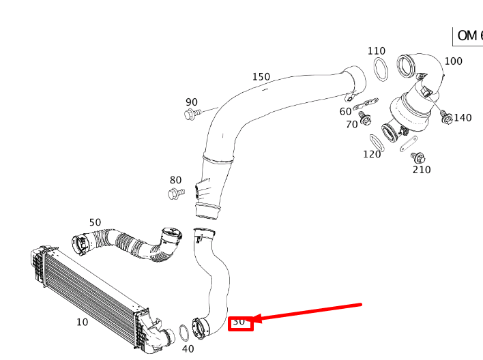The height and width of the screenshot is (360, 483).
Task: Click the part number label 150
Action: point(261,77)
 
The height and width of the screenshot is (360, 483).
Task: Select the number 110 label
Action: point(376,51)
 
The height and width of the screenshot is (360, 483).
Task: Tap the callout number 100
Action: point(453,61)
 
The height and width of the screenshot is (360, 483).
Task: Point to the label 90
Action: point(192,102)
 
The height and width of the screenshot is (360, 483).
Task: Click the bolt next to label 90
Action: point(192,114)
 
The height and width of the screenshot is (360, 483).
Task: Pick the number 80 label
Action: point(175,181)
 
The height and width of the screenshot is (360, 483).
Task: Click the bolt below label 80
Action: point(175,194)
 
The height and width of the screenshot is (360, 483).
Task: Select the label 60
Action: point(346,112)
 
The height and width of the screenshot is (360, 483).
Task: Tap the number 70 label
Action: point(352,125)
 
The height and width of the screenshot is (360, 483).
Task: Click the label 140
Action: point(463,118)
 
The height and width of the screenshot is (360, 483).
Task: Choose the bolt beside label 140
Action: point(446,117)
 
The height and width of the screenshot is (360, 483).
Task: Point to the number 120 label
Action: point(372,154)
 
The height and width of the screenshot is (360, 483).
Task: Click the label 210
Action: point(422,170)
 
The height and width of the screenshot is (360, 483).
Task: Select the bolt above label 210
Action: point(417,157)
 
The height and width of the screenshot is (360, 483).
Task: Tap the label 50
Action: point(95,222)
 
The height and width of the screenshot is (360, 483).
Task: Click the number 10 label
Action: point(82,322)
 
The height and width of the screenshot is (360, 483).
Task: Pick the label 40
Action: point(188,349)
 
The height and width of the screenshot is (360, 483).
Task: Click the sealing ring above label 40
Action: point(184,333)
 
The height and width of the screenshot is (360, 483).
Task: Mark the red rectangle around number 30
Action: point(241,322)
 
